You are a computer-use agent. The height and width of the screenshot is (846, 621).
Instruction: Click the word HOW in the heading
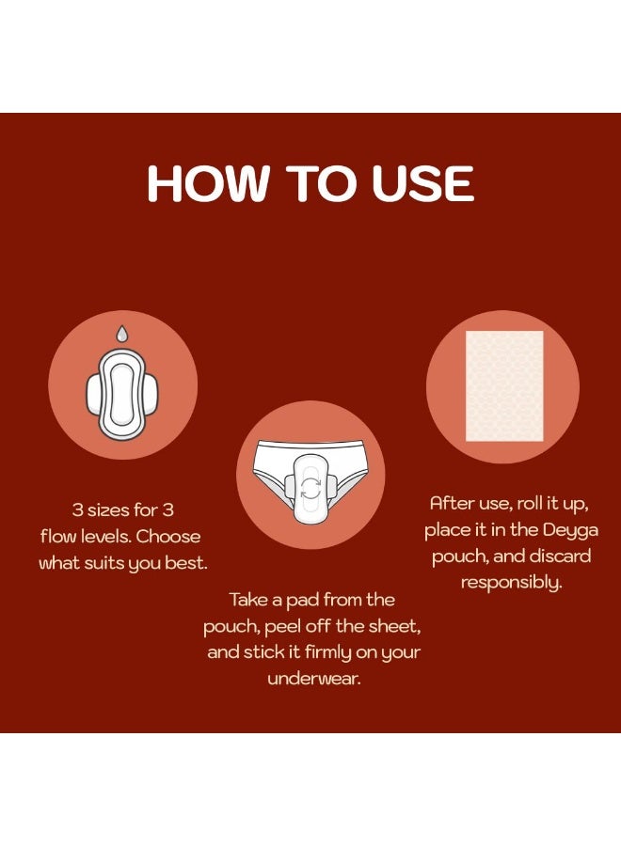tap(207, 183)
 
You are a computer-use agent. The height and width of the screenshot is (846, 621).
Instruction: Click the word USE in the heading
tap(422, 183)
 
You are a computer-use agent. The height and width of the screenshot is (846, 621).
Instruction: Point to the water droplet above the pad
tap(122, 334)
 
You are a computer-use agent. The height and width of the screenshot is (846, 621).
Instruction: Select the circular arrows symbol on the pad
tap(310, 487)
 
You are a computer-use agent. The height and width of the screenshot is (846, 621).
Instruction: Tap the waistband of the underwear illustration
tap(310, 446)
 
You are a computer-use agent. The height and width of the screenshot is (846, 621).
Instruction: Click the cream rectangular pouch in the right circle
tap(504, 386)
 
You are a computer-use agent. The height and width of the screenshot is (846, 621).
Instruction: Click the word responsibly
tap(511, 583)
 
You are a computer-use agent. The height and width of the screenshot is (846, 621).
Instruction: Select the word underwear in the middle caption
tap(313, 678)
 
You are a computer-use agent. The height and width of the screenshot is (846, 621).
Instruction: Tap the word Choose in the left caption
tap(167, 537)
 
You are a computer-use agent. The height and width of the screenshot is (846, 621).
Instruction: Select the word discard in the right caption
tap(561, 556)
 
